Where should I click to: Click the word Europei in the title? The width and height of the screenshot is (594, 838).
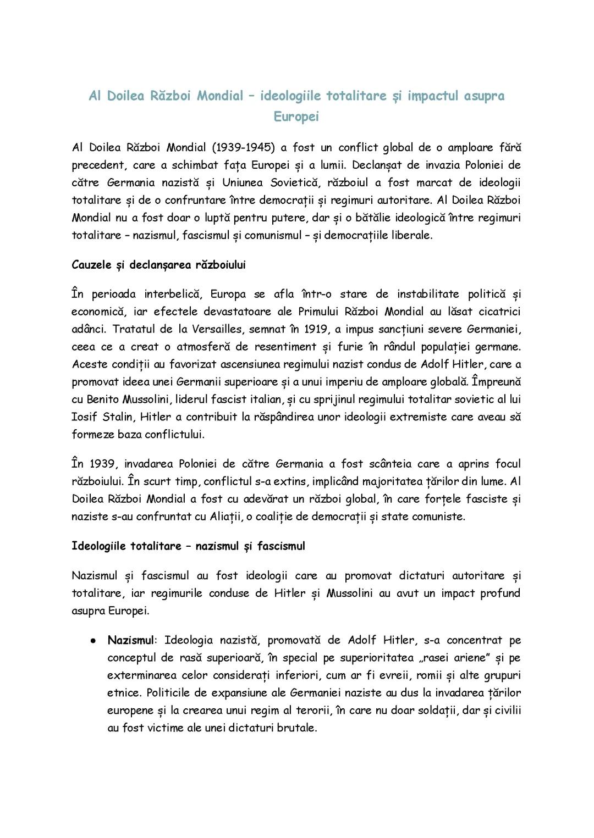coord(296,117)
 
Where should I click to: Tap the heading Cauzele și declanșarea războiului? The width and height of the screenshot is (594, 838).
coord(158,265)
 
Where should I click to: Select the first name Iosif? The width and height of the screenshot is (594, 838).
coord(85,417)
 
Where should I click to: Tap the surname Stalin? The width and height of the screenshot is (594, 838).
coord(118,417)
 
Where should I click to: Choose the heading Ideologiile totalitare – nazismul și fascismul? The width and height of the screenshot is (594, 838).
coord(188,546)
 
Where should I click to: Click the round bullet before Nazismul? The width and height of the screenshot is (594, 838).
coord(94,641)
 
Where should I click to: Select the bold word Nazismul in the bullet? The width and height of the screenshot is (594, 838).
coord(130,640)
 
